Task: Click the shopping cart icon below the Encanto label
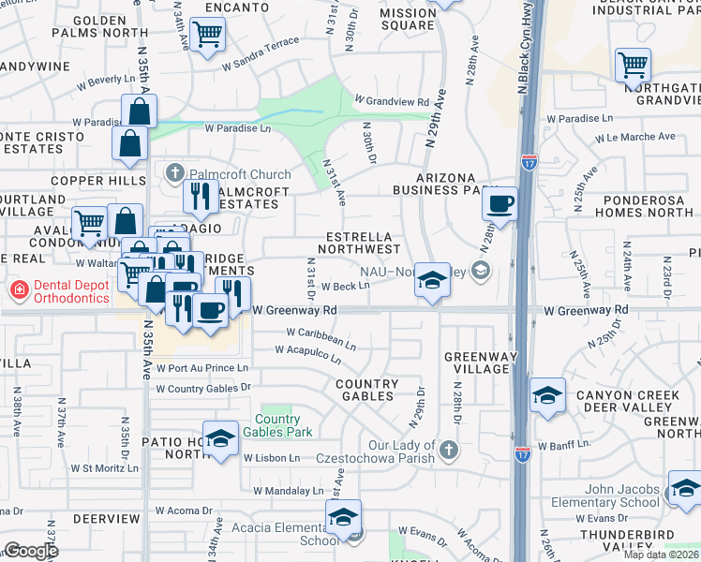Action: (x=206, y=36)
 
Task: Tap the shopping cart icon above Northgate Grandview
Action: (x=633, y=66)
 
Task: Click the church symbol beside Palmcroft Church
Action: (x=174, y=173)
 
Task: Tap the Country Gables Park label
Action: (x=277, y=425)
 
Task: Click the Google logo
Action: (x=31, y=551)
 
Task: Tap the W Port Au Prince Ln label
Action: (x=201, y=368)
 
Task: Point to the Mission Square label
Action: (x=408, y=20)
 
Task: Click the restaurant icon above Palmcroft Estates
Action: (x=201, y=195)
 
